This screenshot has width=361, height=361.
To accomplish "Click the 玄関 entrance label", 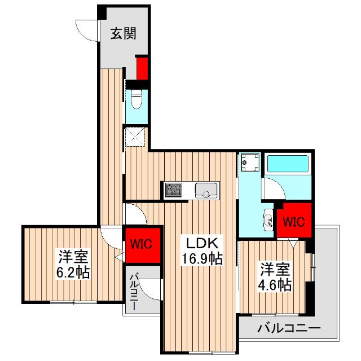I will [x=121, y=34].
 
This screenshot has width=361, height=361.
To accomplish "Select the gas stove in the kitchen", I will [x=174, y=190].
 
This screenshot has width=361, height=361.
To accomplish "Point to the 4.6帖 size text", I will [x=275, y=284].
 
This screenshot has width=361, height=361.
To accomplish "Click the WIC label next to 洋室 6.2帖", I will [x=141, y=244].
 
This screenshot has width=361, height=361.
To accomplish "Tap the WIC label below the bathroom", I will [x=293, y=222].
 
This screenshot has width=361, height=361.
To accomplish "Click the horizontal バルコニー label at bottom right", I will [x=289, y=328].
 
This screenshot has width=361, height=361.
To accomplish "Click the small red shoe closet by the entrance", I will [x=142, y=68].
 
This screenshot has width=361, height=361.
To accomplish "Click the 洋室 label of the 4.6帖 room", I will [x=275, y=268].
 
